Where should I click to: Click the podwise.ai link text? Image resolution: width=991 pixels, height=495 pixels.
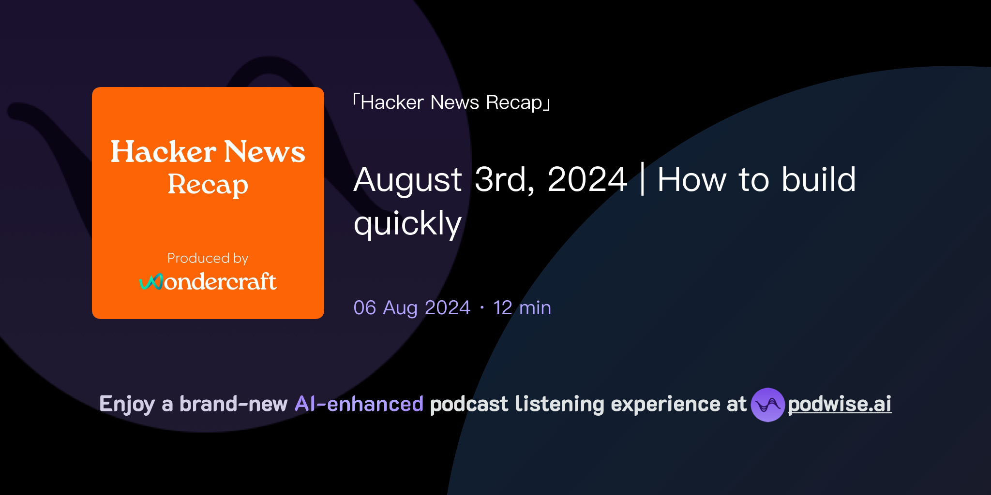point(840,404)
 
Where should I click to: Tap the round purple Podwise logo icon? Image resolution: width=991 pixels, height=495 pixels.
point(767,405)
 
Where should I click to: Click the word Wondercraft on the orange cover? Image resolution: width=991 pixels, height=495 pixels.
point(220,282)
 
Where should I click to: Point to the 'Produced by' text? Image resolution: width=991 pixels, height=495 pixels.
point(208,258)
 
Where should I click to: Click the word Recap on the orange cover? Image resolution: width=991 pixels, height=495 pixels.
point(208,185)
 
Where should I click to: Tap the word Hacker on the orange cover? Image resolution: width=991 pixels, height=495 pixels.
point(163,152)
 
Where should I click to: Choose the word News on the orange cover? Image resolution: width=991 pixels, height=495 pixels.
point(264,152)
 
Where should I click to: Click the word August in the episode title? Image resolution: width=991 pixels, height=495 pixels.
point(408,180)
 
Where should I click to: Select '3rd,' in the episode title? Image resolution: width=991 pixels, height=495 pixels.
point(505,179)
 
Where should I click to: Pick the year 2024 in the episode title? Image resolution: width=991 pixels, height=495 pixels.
point(587,179)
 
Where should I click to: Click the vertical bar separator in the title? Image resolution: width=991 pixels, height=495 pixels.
point(642,179)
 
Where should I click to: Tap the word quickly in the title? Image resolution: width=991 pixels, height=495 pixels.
point(407,224)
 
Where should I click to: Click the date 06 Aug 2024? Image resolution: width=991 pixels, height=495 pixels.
point(412,307)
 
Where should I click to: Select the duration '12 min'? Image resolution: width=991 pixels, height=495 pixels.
point(522,307)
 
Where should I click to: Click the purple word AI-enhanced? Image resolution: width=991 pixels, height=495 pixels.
point(359,404)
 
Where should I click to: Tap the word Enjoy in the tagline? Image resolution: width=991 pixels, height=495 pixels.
point(127,404)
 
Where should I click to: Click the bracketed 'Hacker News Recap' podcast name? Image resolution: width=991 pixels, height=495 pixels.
point(451,102)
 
